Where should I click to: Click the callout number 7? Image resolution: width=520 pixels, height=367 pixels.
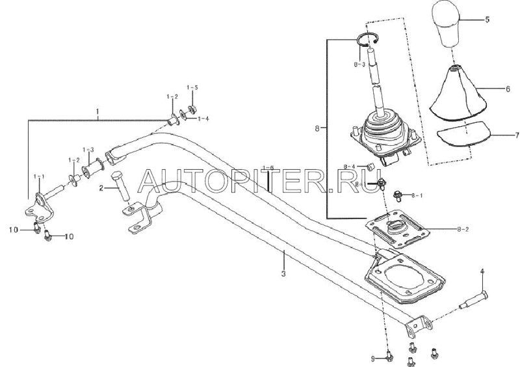click(509, 136)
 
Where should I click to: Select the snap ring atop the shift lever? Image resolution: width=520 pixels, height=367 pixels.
click(369, 42)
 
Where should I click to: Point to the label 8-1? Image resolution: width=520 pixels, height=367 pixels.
click(418, 195)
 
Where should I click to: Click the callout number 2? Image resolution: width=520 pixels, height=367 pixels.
click(101, 187)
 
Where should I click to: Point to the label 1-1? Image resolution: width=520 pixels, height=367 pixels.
click(40, 177)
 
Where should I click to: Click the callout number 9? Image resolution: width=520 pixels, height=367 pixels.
click(372, 358)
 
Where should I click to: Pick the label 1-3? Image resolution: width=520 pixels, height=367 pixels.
click(88, 150)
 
